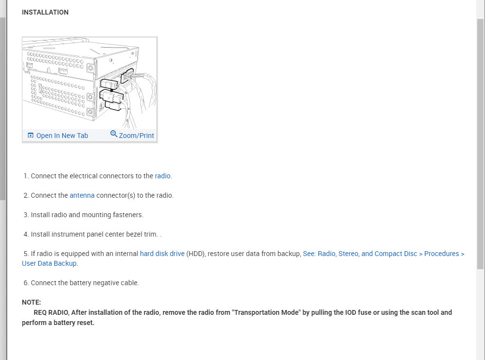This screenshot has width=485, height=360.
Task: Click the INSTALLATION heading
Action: tap(45, 12)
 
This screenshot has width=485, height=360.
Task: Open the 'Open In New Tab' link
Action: tap(62, 136)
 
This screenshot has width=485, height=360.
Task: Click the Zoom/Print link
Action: tap(136, 136)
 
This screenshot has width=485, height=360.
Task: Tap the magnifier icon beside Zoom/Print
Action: tap(114, 134)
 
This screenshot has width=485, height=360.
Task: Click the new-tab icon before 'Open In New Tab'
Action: tap(31, 136)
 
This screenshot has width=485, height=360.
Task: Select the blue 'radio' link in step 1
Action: tap(162, 176)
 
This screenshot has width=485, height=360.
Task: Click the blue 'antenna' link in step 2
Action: tap(82, 195)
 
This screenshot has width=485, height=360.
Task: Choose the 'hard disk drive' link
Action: tap(162, 254)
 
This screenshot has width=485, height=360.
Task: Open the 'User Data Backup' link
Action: tap(49, 263)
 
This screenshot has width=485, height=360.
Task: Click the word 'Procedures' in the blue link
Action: tap(441, 254)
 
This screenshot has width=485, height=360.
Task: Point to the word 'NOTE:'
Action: tap(31, 302)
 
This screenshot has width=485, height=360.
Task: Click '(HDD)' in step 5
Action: tap(195, 254)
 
